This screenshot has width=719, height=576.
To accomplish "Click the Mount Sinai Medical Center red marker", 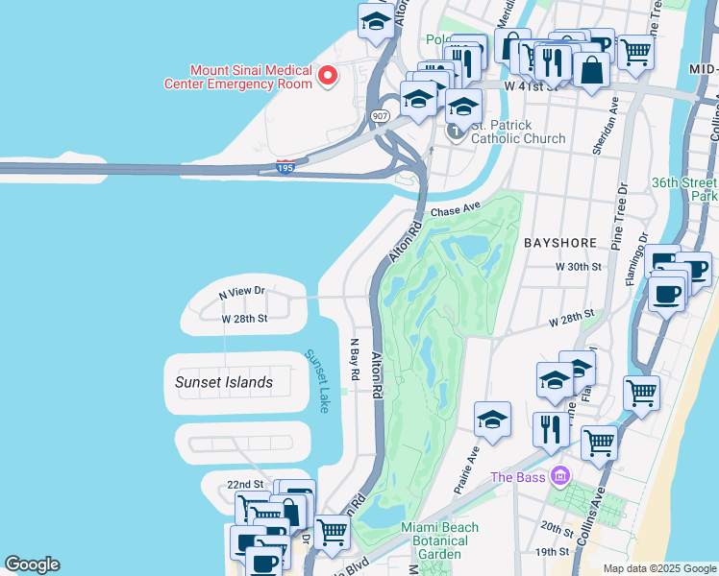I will (328, 75).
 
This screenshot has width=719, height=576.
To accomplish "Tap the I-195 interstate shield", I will (285, 168).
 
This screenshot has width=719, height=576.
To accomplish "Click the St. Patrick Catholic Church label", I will (517, 132).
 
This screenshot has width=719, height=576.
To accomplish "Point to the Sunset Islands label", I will (224, 382).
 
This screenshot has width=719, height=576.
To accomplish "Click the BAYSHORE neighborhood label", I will (560, 244).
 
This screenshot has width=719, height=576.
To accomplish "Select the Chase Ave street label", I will (455, 209).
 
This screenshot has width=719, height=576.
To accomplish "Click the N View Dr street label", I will (241, 291).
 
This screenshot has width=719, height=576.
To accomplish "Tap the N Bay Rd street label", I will (354, 358).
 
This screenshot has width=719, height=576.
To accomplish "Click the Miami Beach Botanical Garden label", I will (433, 540).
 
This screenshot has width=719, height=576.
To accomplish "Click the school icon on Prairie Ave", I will (492, 419).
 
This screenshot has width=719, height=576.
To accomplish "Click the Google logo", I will (32, 564).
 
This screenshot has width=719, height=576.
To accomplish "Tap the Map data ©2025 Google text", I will (659, 568).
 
